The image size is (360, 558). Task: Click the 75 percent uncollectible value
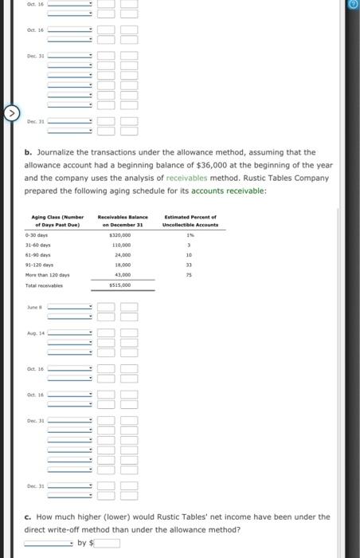point(190,274)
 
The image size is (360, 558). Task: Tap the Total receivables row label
point(45,284)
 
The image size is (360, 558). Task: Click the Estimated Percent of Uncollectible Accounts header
point(189,220)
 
